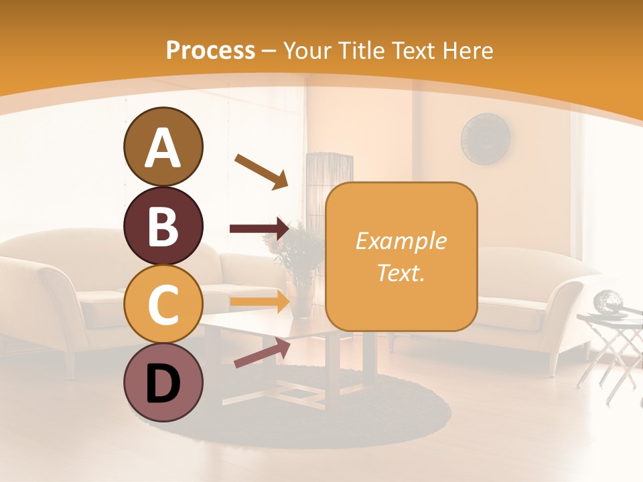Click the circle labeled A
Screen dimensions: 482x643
163,147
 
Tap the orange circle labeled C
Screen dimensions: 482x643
163,304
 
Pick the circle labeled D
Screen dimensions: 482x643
163,382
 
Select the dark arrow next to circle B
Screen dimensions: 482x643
259,228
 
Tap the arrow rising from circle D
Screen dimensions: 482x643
262,353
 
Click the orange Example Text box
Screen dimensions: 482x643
401,256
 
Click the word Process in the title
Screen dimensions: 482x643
210,50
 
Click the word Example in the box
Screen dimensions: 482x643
401,241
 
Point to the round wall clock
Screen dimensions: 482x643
486,139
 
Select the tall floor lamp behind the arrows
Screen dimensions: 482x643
329,171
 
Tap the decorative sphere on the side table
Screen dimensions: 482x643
608,301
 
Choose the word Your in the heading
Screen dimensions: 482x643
307,50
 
